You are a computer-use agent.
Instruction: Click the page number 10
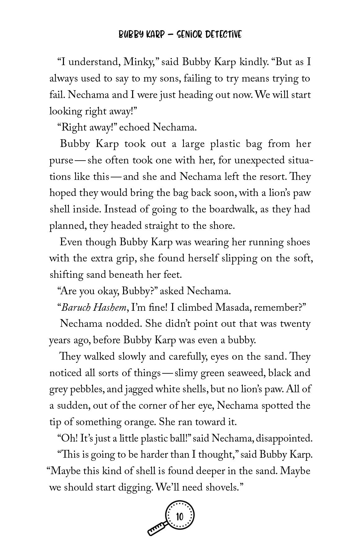180,517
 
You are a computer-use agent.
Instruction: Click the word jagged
139,389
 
